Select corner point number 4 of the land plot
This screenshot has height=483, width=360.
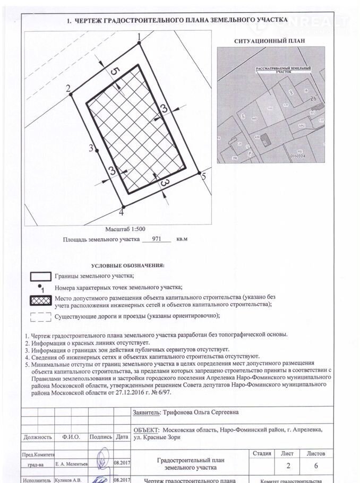[x=123, y=207]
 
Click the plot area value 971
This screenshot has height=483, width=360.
[x=157, y=240]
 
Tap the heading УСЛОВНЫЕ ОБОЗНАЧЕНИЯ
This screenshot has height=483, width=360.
[x=127, y=264]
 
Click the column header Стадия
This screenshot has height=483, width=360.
[x=262, y=454]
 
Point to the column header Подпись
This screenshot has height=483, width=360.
[x=101, y=437]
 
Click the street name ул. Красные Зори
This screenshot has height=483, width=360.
[x=157, y=437]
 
